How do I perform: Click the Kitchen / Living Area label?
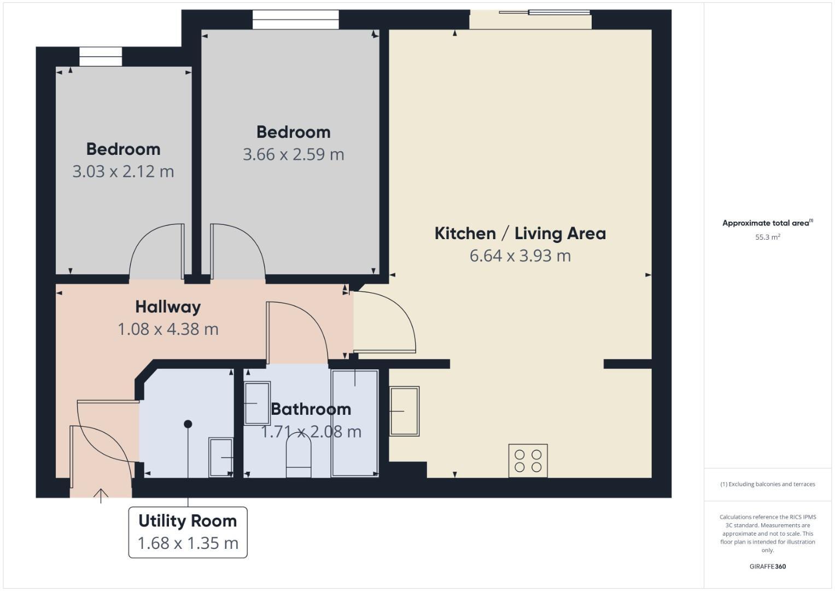coord(520,233)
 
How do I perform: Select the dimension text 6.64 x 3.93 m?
coord(520,256)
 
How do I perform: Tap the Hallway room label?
coord(168,306)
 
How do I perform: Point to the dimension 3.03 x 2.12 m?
coord(123,171)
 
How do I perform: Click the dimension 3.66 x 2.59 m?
coord(293,154)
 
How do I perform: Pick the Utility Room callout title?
coord(188,521)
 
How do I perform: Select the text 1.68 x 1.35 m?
coord(188,543)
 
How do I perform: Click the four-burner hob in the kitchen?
coord(528,460)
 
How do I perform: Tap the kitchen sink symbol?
coord(404,411)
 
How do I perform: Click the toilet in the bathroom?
coord(299,455)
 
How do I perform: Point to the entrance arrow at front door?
coord(101,495)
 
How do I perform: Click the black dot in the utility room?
coord(188,424)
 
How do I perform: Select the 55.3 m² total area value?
coord(767,237)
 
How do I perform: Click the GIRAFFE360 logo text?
coord(767,566)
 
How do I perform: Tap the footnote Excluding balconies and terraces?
coord(767,484)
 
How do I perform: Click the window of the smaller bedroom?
coord(101,57)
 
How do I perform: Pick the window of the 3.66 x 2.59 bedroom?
coord(295,20)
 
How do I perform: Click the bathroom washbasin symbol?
coord(256,403)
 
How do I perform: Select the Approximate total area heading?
coord(767,223)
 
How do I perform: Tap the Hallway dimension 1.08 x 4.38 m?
coord(168,329)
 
